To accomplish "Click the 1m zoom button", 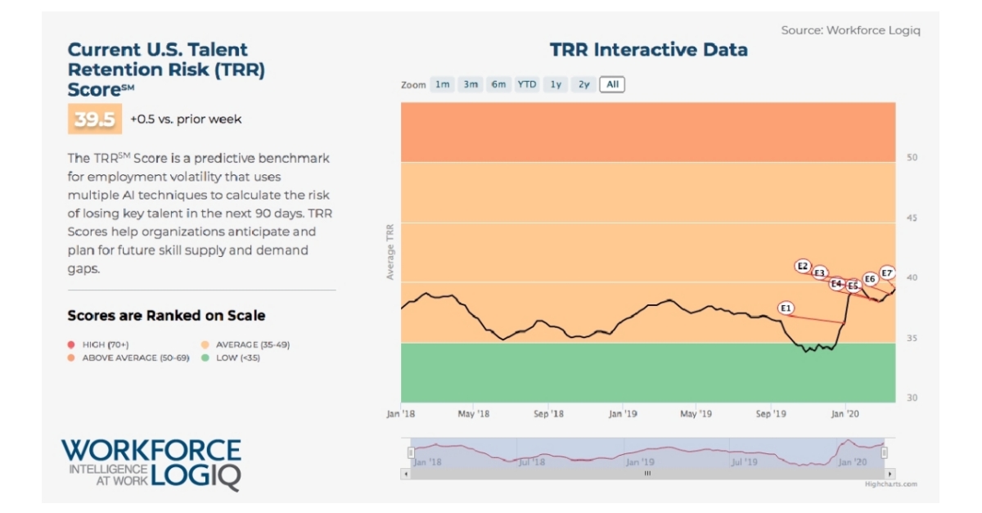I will (442, 84).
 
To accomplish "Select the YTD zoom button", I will (527, 84).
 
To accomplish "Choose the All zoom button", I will (611, 84).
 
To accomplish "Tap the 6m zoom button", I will (498, 84).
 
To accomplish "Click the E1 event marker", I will (786, 308).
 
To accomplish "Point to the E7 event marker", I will (887, 273).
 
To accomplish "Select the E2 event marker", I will (803, 267).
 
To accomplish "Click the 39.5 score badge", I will (94, 119).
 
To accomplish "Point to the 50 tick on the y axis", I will (911, 158).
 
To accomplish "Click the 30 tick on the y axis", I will (911, 398).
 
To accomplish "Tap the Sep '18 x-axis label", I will (549, 414).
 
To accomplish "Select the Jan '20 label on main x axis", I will (845, 414).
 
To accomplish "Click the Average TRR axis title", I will (390, 250).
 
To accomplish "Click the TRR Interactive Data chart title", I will (648, 50).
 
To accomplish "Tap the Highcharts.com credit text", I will (890, 484).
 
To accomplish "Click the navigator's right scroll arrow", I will (890, 473).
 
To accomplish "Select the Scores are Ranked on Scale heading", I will (166, 316).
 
